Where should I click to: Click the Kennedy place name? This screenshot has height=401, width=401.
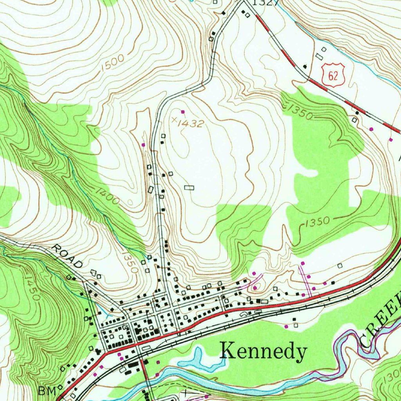pos(263,351)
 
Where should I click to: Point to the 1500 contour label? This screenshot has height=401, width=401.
pos(112,63)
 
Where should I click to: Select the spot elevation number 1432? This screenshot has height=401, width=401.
pos(190,123)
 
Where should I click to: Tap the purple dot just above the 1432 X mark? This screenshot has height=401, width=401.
pos(182,112)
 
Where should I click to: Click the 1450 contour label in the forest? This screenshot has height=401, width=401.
pos(32,287)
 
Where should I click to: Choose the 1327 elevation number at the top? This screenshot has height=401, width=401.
pos(265,3)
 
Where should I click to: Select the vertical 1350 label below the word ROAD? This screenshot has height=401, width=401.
pos(130,262)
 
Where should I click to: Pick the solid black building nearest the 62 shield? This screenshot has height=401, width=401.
pos(305,67)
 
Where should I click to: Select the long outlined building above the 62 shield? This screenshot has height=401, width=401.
pos(320,56)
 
